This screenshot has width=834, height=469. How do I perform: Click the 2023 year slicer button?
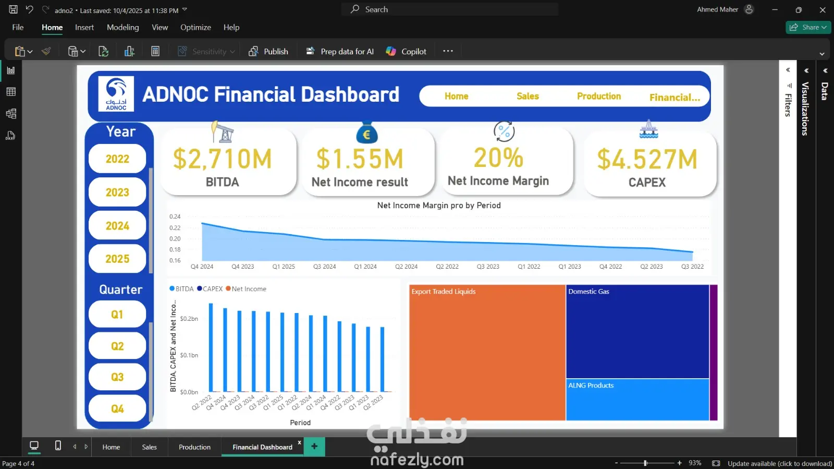(117, 192)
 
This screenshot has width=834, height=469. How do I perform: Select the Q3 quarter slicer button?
(117, 377)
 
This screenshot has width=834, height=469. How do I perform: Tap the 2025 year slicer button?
(117, 259)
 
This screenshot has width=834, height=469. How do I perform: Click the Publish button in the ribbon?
(268, 52)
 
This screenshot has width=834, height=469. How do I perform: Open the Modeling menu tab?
(123, 27)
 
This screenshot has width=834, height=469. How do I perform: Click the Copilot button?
(406, 52)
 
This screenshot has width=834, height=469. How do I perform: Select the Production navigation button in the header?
(599, 96)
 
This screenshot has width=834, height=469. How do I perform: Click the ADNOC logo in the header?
(116, 94)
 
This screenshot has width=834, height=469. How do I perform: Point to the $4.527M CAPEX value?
(647, 160)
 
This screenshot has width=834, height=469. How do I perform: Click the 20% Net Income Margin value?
(498, 158)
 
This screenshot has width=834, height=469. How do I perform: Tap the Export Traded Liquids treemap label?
(444, 291)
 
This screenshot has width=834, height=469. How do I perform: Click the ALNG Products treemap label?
(591, 385)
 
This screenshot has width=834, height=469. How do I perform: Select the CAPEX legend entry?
(210, 288)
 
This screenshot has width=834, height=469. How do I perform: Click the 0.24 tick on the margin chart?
(175, 217)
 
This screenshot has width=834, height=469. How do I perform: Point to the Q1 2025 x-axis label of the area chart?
(284, 267)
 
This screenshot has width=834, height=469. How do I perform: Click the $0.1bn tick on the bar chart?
(189, 355)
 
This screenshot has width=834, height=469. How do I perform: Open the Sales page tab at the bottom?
(149, 447)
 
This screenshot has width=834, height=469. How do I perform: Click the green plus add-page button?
(314, 446)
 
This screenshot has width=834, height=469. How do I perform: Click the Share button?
(808, 27)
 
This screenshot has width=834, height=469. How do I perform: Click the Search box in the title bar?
(449, 9)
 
